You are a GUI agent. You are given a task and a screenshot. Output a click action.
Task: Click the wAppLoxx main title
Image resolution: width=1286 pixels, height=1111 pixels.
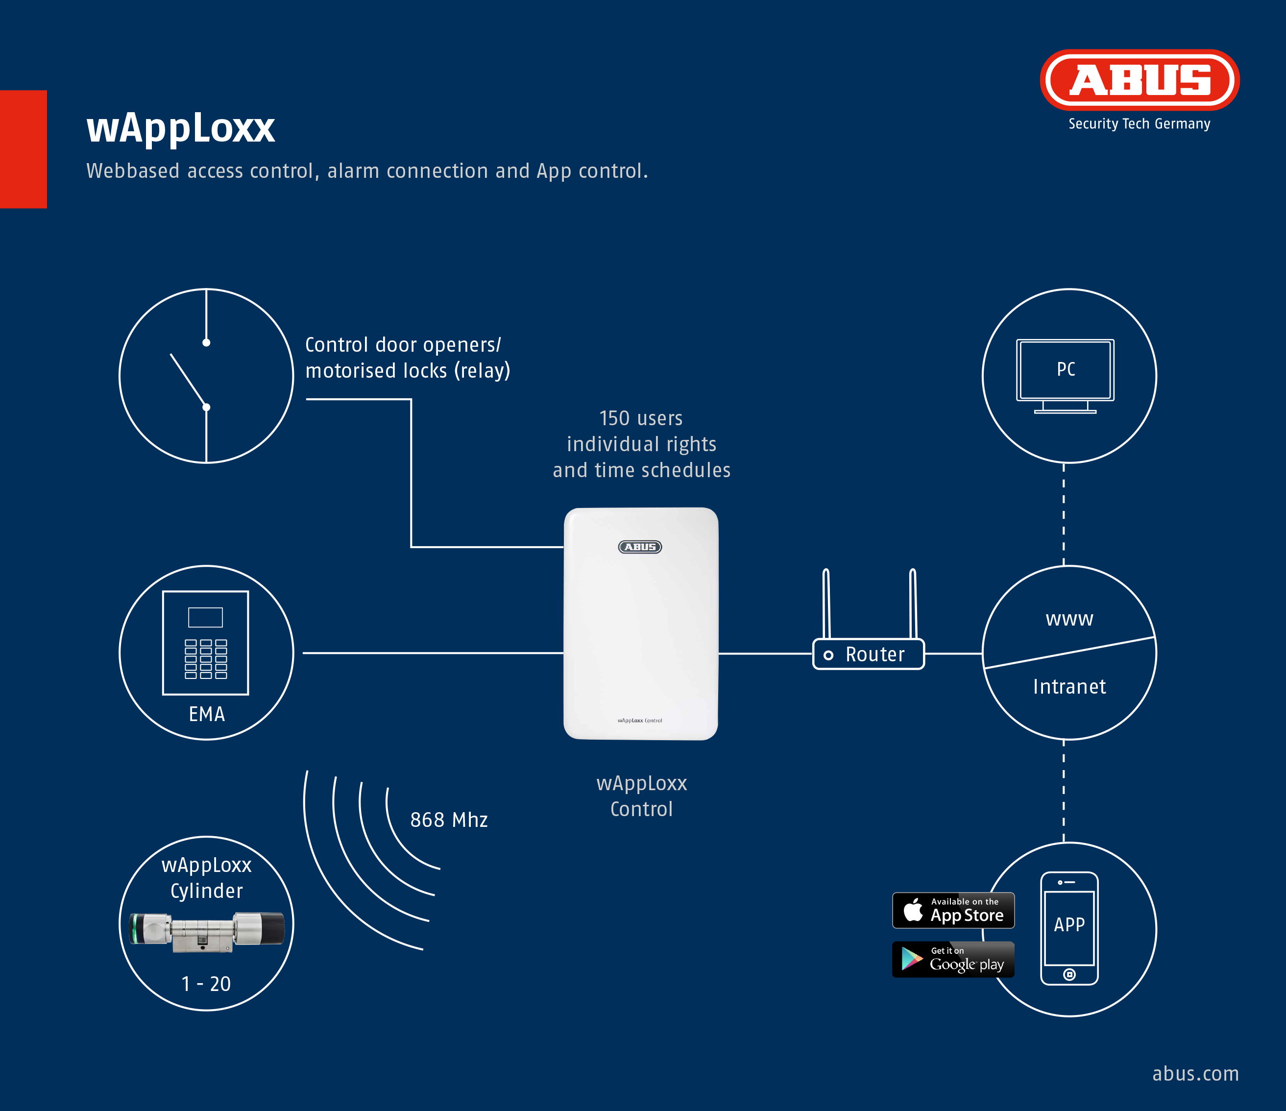coord(181,128)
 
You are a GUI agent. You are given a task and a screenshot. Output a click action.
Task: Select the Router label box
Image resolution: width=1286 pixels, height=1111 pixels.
coord(868,654)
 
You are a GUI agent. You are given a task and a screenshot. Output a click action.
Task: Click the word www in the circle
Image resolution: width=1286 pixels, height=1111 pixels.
coord(1069,619)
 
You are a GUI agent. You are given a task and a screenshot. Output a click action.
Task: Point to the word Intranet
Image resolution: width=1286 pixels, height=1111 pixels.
coord(1069,686)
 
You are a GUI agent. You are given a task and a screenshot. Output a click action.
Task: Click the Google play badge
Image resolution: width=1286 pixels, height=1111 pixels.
coord(953,960)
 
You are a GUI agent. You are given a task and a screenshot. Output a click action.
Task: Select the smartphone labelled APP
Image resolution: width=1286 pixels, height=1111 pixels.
coord(1069,928)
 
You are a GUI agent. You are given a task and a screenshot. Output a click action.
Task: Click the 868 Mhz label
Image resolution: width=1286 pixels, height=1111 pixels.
coord(449,820)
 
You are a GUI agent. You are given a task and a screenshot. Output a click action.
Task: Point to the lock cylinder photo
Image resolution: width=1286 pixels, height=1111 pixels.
coord(207,931)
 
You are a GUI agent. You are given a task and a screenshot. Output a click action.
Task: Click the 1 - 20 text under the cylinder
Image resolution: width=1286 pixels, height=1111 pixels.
coord(206,984)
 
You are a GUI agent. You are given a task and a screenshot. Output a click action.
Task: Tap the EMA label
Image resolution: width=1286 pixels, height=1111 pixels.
coord(207,714)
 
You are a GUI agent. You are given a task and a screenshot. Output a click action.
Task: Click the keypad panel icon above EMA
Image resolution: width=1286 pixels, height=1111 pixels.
coord(205,642)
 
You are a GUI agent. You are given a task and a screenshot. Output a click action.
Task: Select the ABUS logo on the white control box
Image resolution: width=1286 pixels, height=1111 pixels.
coord(640,547)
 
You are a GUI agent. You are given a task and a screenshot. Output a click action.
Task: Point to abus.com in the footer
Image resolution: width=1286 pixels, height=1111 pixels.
coord(1195,1074)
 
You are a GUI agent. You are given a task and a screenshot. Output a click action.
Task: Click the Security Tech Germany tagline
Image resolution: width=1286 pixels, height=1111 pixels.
coord(1139,124)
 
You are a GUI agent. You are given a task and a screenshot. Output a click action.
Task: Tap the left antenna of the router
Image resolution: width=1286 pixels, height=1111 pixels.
coord(826,604)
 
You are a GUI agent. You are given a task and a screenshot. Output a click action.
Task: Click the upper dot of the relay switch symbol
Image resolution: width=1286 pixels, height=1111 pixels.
coord(206,342)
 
